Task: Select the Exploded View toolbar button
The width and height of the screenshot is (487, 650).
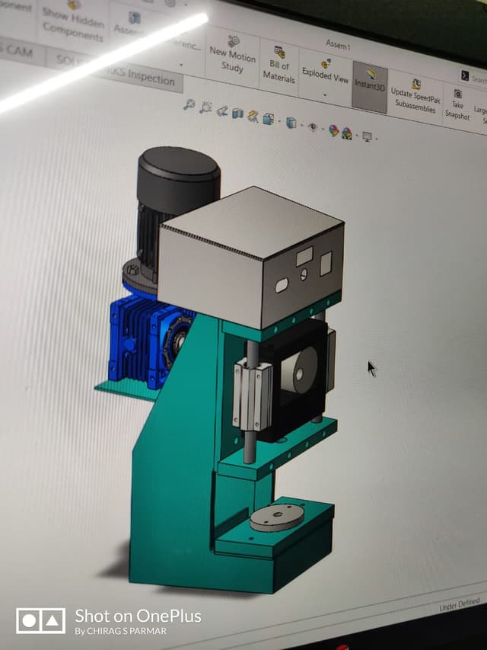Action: tap(326, 73)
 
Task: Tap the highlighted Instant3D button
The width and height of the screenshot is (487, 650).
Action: tap(371, 83)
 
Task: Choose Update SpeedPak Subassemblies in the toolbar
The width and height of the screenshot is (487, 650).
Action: tap(415, 95)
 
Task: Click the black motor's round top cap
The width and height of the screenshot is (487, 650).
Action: tap(179, 168)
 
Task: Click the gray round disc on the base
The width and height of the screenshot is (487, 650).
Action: tap(277, 517)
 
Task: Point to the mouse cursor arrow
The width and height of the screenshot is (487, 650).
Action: tap(371, 368)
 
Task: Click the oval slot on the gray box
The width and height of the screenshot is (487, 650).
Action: tap(282, 285)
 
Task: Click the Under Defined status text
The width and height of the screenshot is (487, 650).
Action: tap(459, 605)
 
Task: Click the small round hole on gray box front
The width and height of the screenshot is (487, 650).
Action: tap(304, 275)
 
